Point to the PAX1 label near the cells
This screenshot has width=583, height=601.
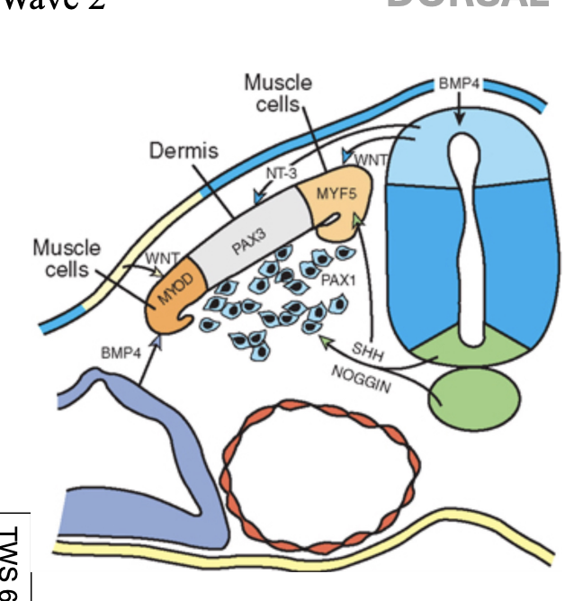[338, 281]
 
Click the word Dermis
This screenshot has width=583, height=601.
[184, 151]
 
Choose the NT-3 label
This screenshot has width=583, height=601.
[281, 173]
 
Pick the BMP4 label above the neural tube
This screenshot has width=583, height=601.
[460, 84]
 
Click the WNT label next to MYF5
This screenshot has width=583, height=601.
[371, 160]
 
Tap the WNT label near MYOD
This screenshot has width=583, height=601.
[162, 258]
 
